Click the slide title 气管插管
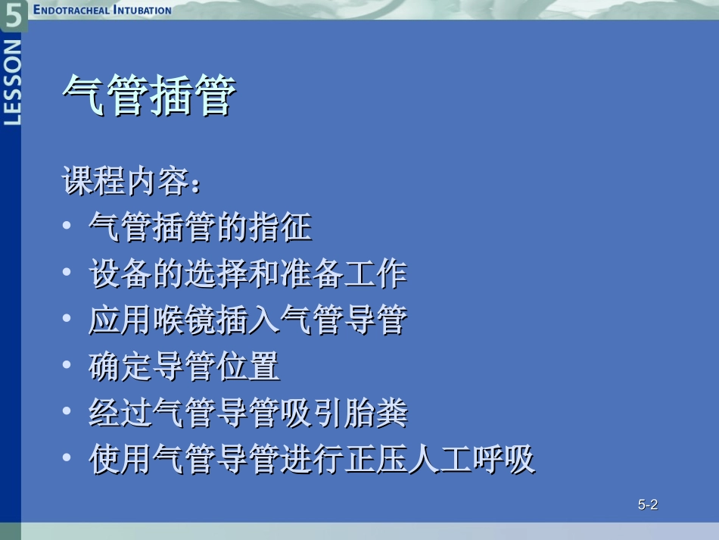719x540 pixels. pos(149,96)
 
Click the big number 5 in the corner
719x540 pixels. pos(14,15)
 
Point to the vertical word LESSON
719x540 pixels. pos(13,82)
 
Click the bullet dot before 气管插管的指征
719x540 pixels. pos(67,226)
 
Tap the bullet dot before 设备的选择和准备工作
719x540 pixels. pos(67,273)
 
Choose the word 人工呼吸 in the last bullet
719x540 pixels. pos(472,460)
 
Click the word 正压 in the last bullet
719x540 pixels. pos(375,460)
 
